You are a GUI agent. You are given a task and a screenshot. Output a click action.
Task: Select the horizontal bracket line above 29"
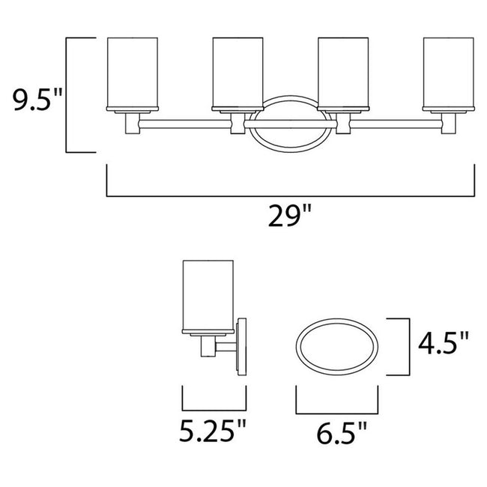point(291,196)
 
